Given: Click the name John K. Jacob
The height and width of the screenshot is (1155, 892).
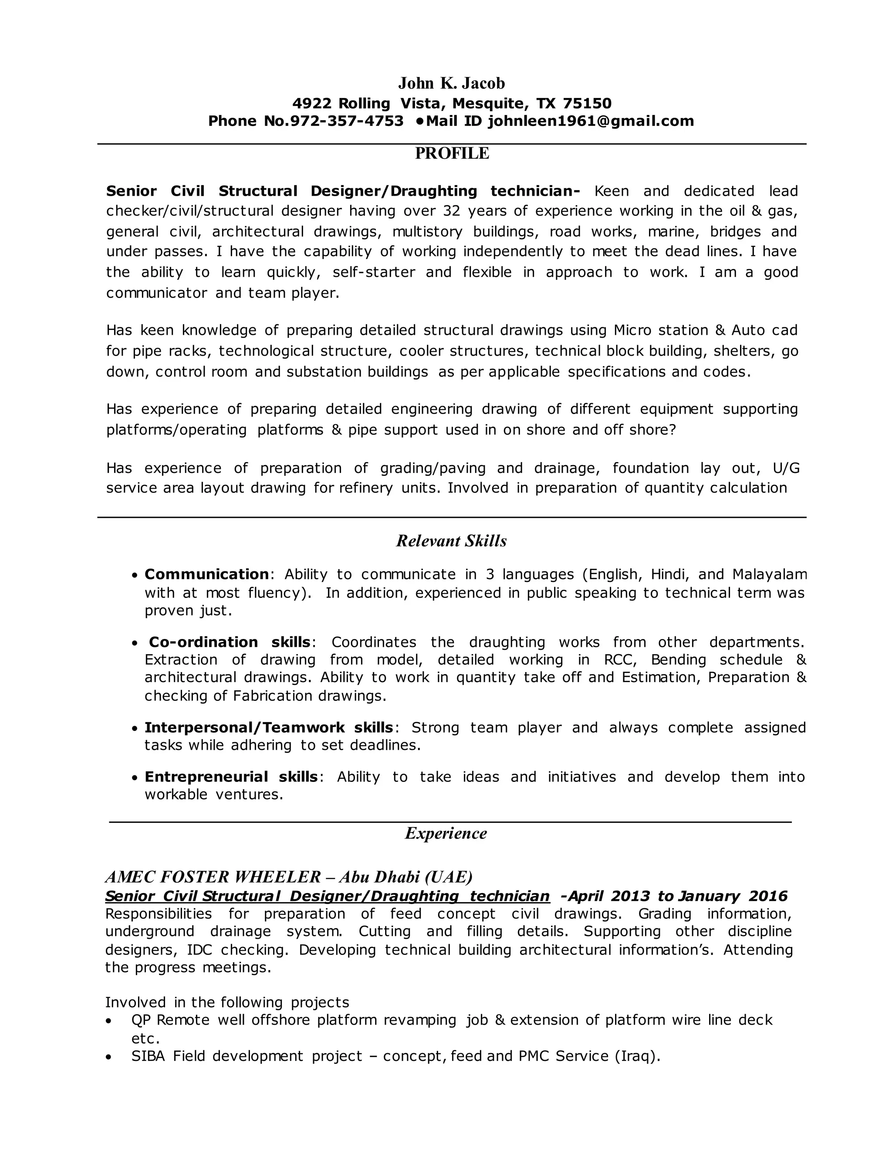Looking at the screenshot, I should (451, 83).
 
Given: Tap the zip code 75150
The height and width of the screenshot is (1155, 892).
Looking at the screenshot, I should (587, 103).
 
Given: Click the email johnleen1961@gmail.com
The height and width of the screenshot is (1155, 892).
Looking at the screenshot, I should (590, 121).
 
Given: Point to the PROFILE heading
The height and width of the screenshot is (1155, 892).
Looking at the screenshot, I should (452, 153).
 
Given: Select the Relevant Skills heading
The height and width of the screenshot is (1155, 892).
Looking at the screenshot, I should (451, 540).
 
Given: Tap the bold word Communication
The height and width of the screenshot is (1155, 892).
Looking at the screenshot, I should (206, 574).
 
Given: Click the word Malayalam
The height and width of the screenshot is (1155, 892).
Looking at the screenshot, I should (770, 574).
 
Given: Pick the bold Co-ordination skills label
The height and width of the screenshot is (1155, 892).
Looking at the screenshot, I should (230, 642).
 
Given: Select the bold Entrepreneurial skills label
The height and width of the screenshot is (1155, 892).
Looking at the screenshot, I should (231, 777).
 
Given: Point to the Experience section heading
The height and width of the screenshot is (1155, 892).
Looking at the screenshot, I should (446, 833).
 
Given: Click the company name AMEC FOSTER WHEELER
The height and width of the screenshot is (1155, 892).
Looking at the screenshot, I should (213, 877).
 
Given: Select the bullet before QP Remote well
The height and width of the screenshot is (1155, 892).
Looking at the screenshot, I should (109, 1021).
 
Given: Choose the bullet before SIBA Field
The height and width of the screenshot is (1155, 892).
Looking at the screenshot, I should (109, 1057).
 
